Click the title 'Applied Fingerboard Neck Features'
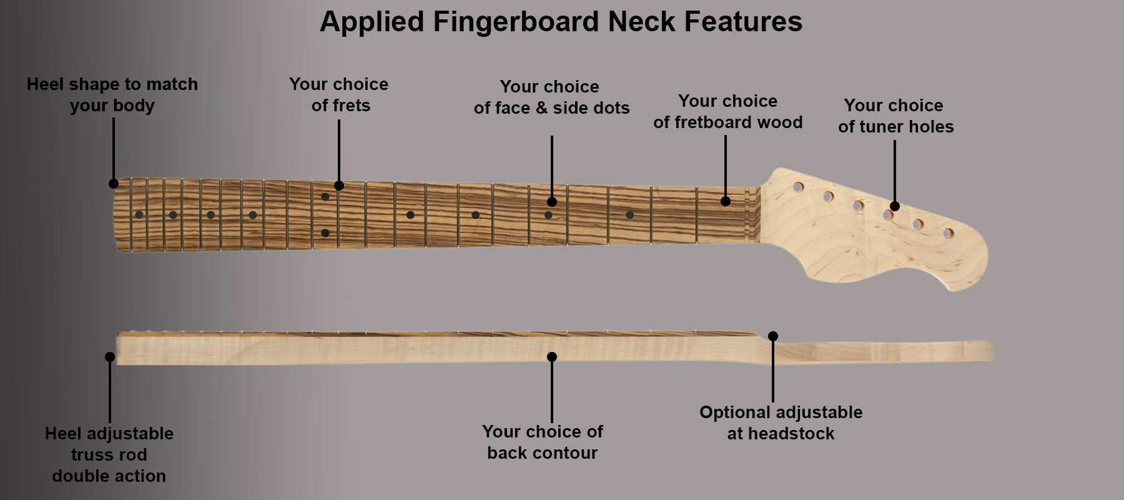(561, 22)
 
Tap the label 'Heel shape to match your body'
(112, 94)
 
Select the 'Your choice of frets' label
(339, 94)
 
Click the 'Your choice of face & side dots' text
(551, 97)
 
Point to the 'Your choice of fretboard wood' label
(728, 111)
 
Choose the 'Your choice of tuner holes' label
(895, 116)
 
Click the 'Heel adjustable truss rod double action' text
(109, 454)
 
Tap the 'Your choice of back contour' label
(543, 442)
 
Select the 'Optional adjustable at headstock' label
(781, 422)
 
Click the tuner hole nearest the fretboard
(798, 187)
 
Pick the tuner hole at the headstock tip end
(948, 234)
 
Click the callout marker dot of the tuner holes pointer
(895, 206)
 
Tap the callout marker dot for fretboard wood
(726, 201)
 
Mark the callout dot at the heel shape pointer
(114, 184)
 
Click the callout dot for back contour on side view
(552, 357)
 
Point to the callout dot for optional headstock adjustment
(773, 336)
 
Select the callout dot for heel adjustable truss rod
(110, 357)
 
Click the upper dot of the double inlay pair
(325, 197)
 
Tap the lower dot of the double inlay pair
(325, 233)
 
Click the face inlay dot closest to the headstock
(629, 215)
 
